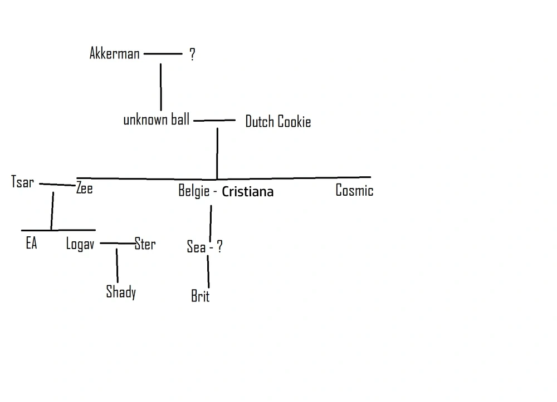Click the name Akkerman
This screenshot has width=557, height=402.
pyautogui.click(x=114, y=53)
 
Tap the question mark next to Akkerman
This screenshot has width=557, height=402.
pyautogui.click(x=192, y=54)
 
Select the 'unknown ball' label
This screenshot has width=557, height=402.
pyautogui.click(x=156, y=120)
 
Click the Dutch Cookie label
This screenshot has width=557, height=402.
pyautogui.click(x=278, y=122)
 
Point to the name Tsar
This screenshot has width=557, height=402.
pyautogui.click(x=22, y=182)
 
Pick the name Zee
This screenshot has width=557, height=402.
pyautogui.click(x=85, y=188)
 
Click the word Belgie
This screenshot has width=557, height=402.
pyautogui.click(x=194, y=191)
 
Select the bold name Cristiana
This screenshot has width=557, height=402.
pyautogui.click(x=248, y=192)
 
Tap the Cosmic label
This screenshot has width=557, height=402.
pyautogui.click(x=354, y=191)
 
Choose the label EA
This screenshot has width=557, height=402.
pyautogui.click(x=31, y=244)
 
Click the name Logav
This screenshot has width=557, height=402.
pyautogui.click(x=80, y=244)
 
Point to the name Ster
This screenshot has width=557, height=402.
pyautogui.click(x=145, y=244)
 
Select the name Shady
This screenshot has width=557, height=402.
pyautogui.click(x=121, y=291)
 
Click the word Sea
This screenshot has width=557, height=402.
pyautogui.click(x=196, y=247)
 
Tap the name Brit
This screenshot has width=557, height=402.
pyautogui.click(x=200, y=296)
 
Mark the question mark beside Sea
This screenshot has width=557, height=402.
pyautogui.click(x=219, y=247)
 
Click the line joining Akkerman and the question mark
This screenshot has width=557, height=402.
pyautogui.click(x=163, y=54)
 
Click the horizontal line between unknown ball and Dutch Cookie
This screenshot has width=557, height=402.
pyautogui.click(x=214, y=120)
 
